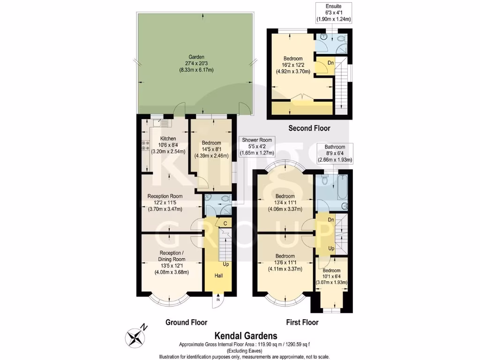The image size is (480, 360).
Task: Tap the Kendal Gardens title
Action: pyautogui.click(x=246, y=336)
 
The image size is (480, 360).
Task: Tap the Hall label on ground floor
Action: pyautogui.click(x=218, y=275)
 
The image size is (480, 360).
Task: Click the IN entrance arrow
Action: pyautogui.click(x=218, y=299)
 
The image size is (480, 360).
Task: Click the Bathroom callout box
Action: pyautogui.click(x=335, y=153)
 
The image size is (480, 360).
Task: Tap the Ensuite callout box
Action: pyautogui.click(x=334, y=13)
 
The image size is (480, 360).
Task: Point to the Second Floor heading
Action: pyautogui.click(x=309, y=128)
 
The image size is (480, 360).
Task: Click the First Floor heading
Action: pyautogui.click(x=302, y=322)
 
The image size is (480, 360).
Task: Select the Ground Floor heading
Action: pyautogui.click(x=186, y=322)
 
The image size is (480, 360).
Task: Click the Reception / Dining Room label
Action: pyautogui.click(x=171, y=264)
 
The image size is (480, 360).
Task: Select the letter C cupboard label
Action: pyautogui.click(x=225, y=223)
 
